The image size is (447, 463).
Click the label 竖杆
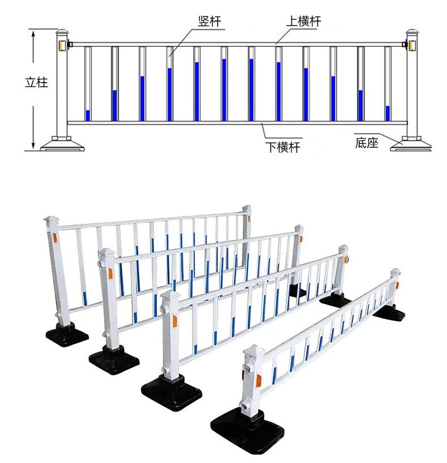click(x=209, y=21)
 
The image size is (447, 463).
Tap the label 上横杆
click(x=304, y=21)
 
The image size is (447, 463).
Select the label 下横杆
click(x=282, y=147)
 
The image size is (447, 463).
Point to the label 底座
click(x=367, y=143)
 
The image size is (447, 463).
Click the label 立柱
click(x=36, y=82)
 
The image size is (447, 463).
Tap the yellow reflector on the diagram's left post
click(x=62, y=45)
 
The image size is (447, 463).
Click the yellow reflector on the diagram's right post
click(x=412, y=45)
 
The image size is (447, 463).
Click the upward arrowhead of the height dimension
click(x=33, y=33)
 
